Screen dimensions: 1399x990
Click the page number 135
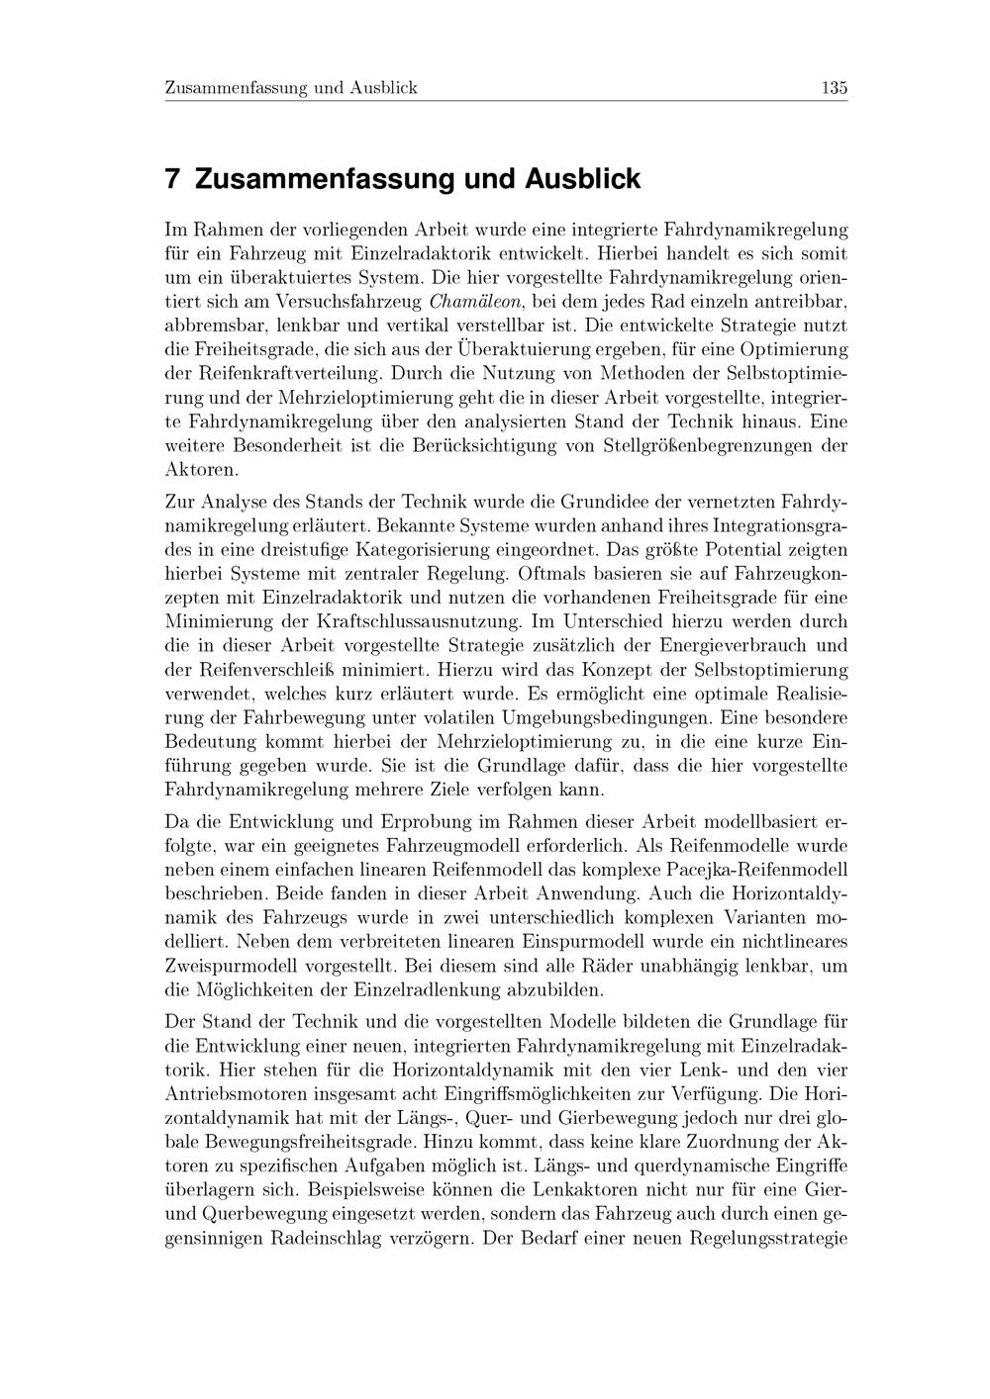(834, 88)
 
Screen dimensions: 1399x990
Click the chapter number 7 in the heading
(172, 180)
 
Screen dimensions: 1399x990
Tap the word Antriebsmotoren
(234, 1093)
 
